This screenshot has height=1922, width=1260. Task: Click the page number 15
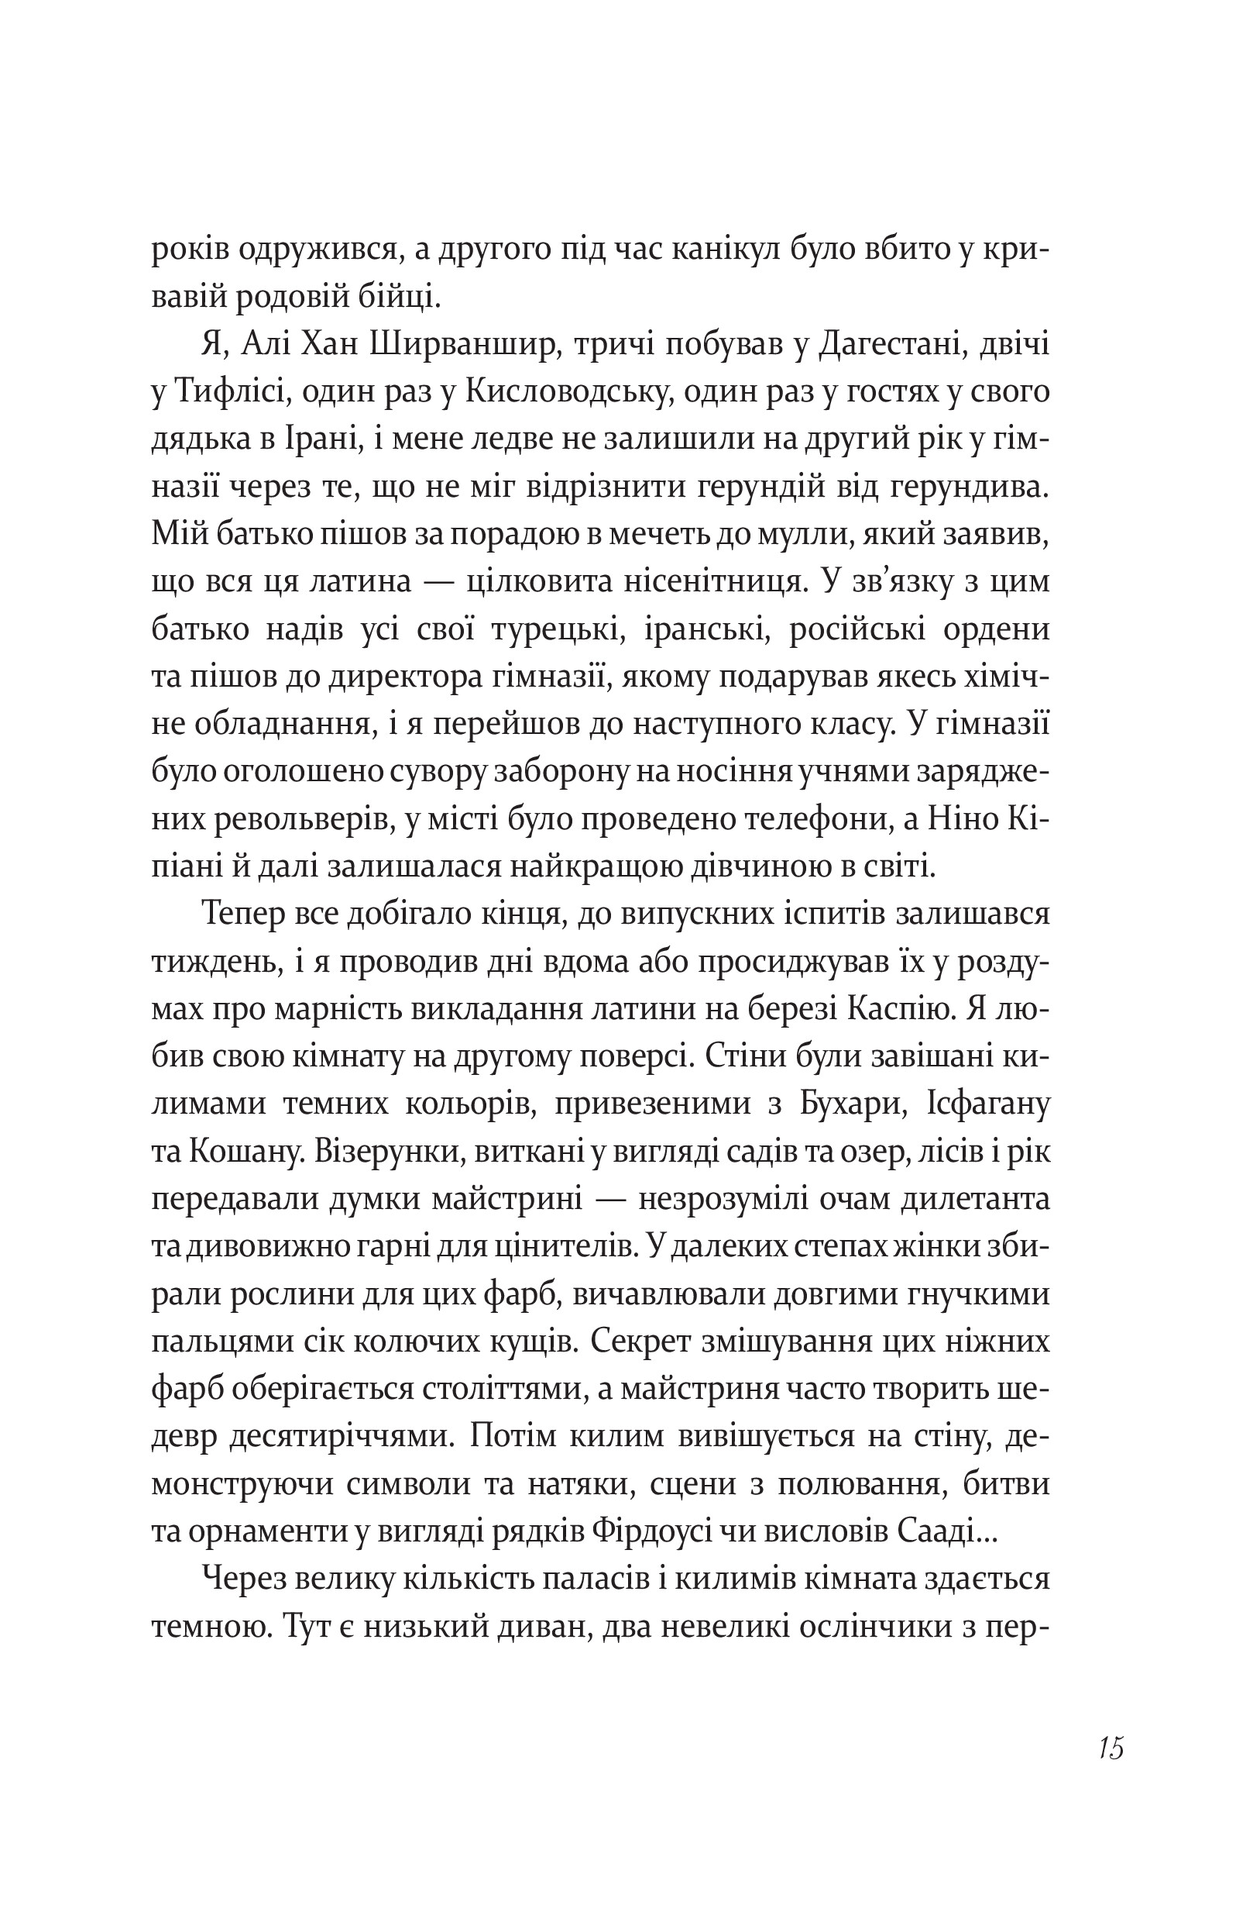pyautogui.click(x=1111, y=1748)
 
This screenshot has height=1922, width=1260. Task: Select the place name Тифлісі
pyautogui.click(x=228, y=393)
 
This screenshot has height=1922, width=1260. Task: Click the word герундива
pyautogui.click(x=970, y=487)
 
